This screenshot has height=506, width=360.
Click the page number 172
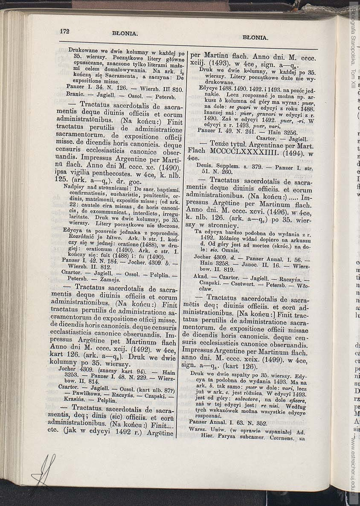[65, 31]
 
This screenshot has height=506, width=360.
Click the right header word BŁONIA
[255, 38]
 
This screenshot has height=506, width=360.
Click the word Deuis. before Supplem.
[204, 165]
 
